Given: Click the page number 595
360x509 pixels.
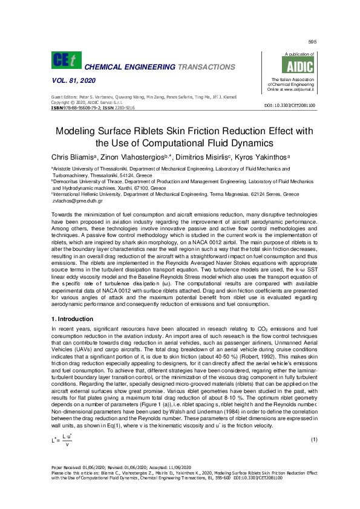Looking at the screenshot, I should [312, 42].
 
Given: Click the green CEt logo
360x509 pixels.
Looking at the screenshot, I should [63, 60].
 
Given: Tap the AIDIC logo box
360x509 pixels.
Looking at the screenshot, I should [286, 65].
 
